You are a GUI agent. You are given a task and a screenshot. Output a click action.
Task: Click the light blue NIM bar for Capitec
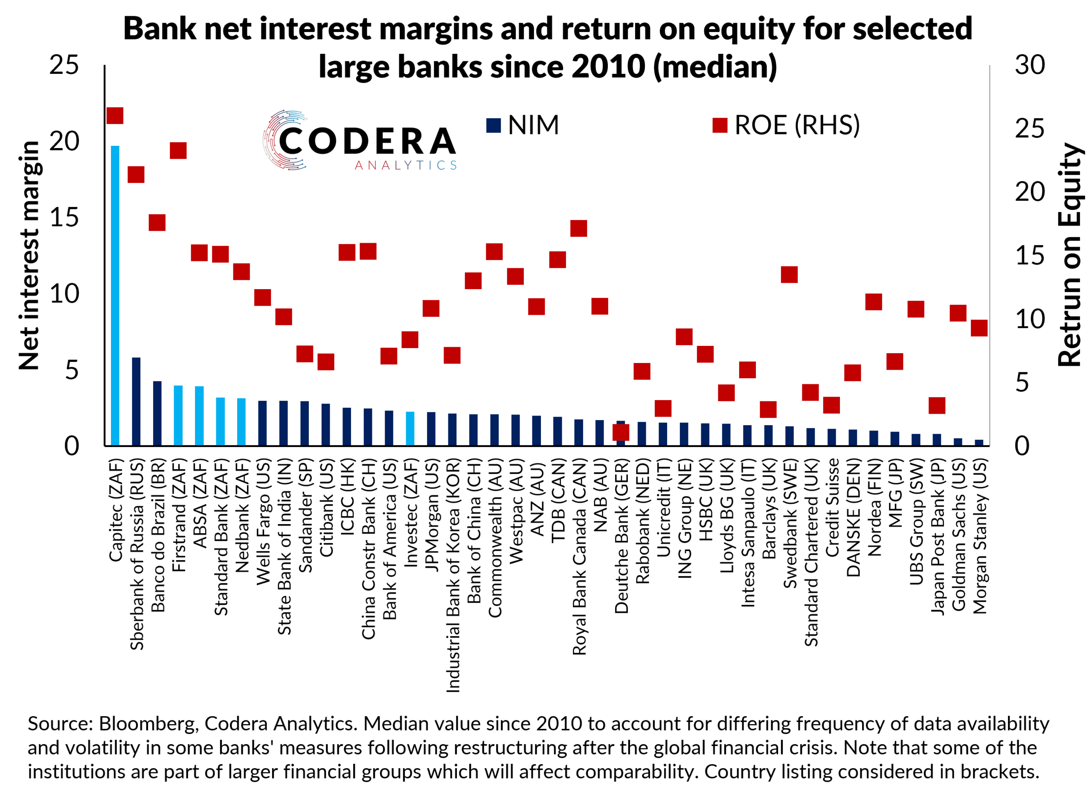click(115, 295)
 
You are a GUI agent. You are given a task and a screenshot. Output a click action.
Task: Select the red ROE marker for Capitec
click(115, 116)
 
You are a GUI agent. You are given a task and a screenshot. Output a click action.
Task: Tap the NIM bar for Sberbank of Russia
click(136, 401)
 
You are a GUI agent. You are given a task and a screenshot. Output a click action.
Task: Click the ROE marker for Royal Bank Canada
click(578, 228)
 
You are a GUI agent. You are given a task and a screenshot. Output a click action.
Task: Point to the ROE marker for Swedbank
click(789, 274)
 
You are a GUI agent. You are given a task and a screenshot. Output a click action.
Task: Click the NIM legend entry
click(523, 125)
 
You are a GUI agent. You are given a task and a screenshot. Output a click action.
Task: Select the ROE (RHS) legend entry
click(786, 125)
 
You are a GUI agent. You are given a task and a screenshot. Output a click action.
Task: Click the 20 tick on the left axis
click(64, 142)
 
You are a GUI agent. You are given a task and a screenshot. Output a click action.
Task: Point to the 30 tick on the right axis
click(1029, 65)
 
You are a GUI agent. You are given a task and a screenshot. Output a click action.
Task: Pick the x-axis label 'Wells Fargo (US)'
click(263, 522)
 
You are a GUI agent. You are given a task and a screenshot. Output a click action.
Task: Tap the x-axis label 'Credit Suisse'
click(832, 507)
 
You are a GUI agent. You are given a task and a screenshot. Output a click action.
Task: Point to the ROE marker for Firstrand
click(178, 151)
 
